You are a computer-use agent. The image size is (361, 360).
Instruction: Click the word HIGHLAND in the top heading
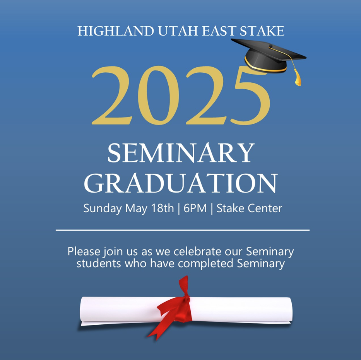[x=116, y=31]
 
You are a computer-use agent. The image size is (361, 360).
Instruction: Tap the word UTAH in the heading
[x=178, y=31]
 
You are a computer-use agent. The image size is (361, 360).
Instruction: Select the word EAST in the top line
[x=219, y=31]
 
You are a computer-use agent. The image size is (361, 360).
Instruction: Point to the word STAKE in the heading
[x=262, y=31]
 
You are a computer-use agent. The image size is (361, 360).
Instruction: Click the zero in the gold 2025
[x=158, y=95]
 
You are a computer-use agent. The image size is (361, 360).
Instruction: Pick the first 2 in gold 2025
[x=112, y=95]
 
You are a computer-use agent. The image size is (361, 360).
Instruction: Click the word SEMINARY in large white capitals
[x=181, y=153]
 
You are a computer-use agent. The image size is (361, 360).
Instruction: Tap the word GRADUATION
[x=181, y=183]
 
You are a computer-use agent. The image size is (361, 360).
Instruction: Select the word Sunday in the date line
[x=103, y=208]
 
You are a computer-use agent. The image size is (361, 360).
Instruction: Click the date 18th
[x=162, y=208]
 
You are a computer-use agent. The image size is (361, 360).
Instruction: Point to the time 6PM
[x=195, y=208]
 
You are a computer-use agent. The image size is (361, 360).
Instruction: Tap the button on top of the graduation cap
[x=270, y=46]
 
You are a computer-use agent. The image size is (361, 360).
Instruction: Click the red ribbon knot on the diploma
[x=186, y=299]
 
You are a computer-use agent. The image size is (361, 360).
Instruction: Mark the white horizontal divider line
[x=183, y=230]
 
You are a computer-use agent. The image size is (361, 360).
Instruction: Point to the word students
[x=99, y=263]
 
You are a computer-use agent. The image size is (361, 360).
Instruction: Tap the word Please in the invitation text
[x=84, y=251]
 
